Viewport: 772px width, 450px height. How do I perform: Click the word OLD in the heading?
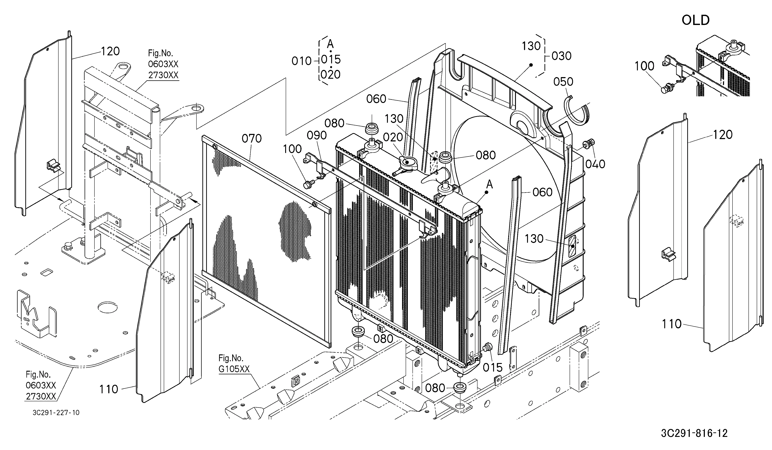tap(696, 20)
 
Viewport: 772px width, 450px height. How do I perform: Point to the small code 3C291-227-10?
tap(56, 413)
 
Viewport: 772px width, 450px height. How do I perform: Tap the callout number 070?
tap(252, 139)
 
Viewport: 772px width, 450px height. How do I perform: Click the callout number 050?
tap(563, 82)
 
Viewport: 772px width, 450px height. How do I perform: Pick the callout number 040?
tap(595, 164)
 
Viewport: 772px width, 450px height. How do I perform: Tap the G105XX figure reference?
tap(234, 369)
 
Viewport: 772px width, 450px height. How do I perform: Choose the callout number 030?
tap(562, 56)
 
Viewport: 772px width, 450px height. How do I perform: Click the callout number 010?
tap(302, 61)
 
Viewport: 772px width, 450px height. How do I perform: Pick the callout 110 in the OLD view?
tap(671, 324)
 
